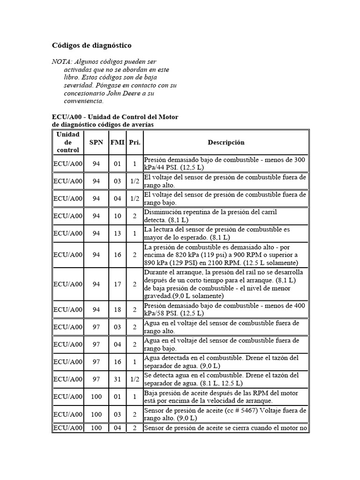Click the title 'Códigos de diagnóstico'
click(91, 45)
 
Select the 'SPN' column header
click(97, 142)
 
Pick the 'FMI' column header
click(117, 142)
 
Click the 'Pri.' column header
click(135, 142)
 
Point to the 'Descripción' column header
click(226, 142)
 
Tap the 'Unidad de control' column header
click(68, 142)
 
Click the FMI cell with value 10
click(117, 216)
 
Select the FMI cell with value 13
click(117, 233)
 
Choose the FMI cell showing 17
click(117, 284)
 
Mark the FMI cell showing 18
click(117, 309)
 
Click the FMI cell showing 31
click(117, 379)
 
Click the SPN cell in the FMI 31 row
click(97, 379)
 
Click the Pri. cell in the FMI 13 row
click(135, 233)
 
